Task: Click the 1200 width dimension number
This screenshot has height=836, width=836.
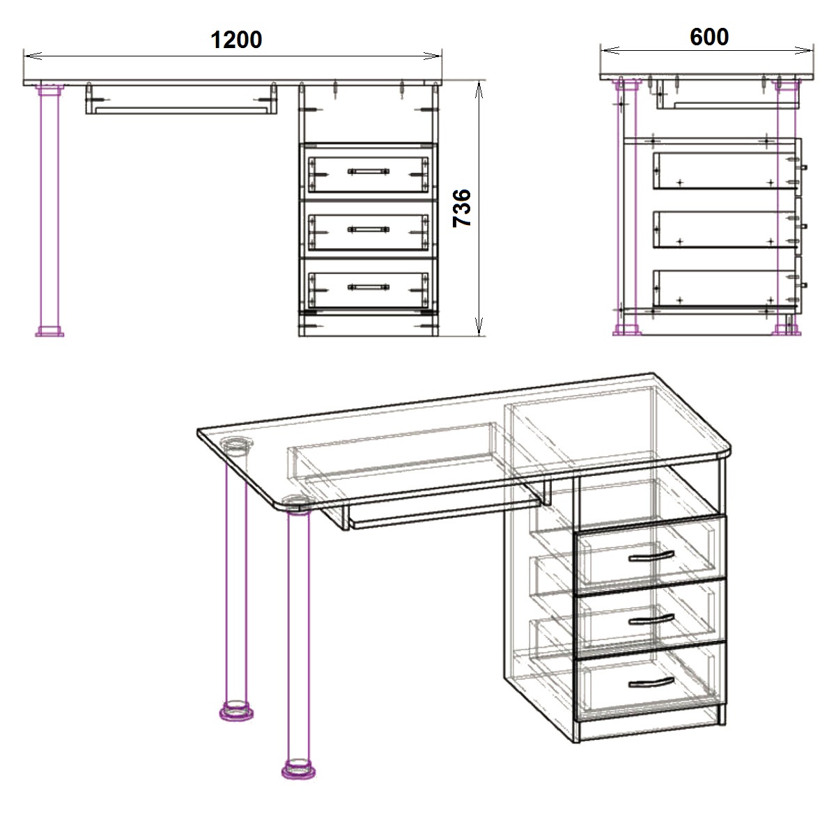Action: coord(236,40)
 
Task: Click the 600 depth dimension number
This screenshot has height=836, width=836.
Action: coord(709,37)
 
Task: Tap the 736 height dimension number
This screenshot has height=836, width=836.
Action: coord(462,208)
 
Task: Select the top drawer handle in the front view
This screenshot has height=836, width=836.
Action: coord(368,171)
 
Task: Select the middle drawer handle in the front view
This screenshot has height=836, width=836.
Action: coord(368,229)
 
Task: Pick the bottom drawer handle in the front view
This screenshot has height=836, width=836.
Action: coord(368,287)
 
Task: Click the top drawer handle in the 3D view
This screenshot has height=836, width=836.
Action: coord(651,556)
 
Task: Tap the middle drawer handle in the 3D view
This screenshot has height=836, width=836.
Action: coord(651,619)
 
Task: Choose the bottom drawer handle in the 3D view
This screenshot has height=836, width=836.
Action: coord(651,683)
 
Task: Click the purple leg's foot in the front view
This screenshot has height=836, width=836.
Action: coord(49,332)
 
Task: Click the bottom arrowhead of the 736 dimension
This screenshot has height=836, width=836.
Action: coord(479,327)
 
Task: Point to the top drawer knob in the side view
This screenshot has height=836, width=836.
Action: coord(804,167)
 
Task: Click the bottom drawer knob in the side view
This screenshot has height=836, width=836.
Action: coord(804,285)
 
